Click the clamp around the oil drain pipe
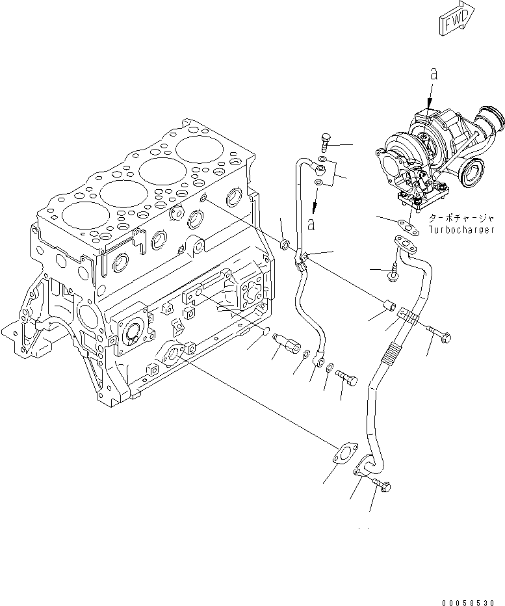[408, 317]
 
